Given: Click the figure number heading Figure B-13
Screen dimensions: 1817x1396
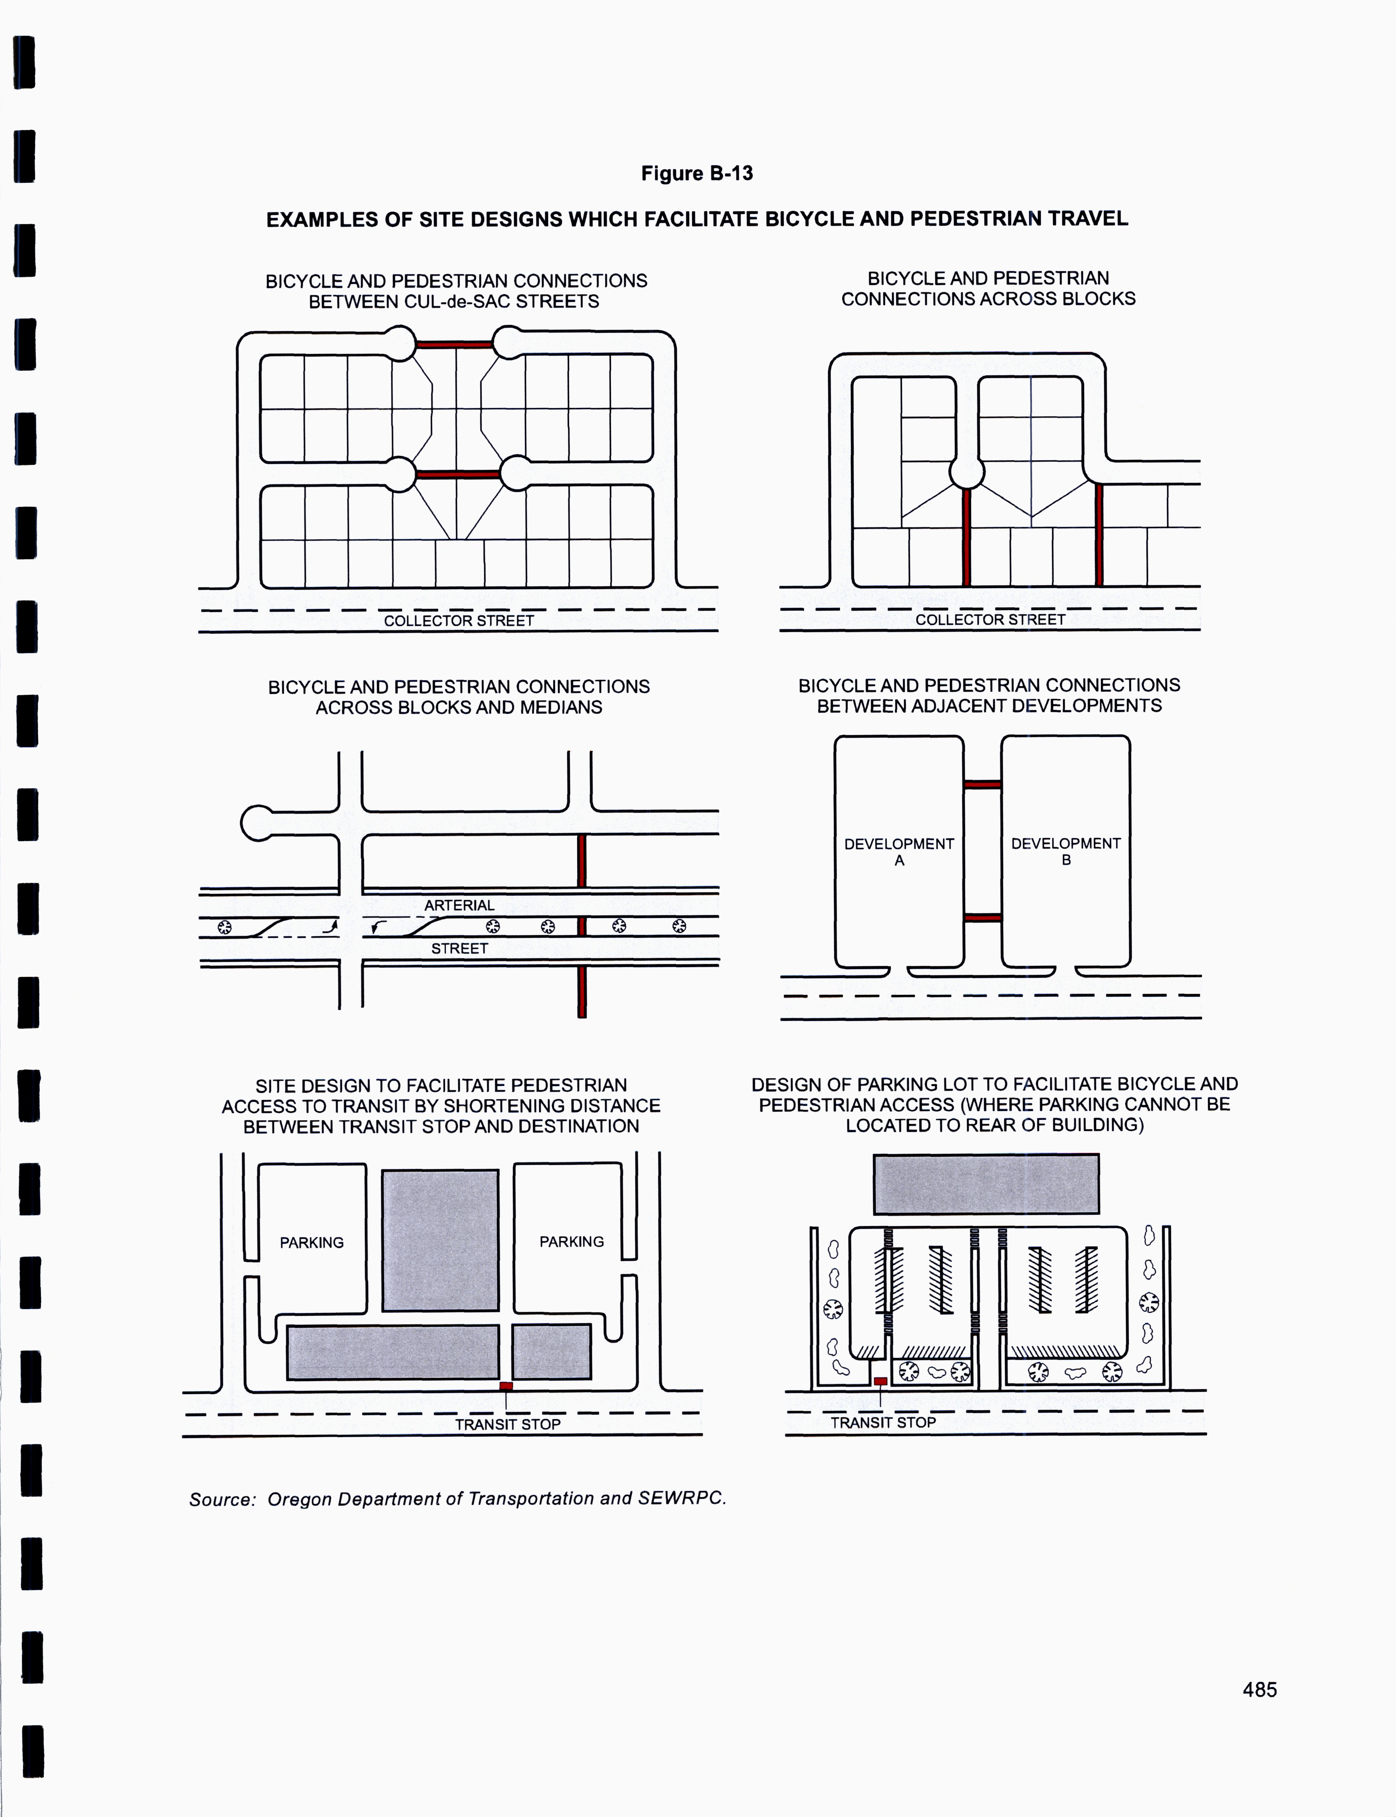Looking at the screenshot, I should (696, 174).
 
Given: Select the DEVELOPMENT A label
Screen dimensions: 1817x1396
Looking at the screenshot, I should (899, 852).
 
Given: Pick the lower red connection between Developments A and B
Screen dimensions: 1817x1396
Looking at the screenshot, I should (982, 918).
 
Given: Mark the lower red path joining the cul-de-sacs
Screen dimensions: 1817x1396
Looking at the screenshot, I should (458, 474).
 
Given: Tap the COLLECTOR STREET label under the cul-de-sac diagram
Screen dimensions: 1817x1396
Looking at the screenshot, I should (459, 621).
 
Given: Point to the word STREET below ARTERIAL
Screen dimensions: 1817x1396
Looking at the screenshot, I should (459, 948).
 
